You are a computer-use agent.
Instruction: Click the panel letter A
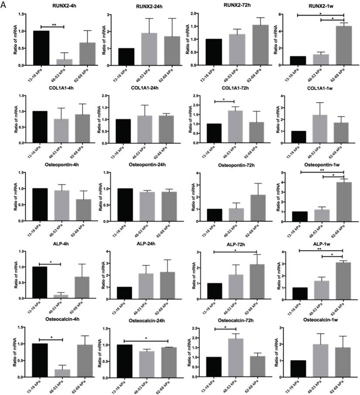click(4, 5)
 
